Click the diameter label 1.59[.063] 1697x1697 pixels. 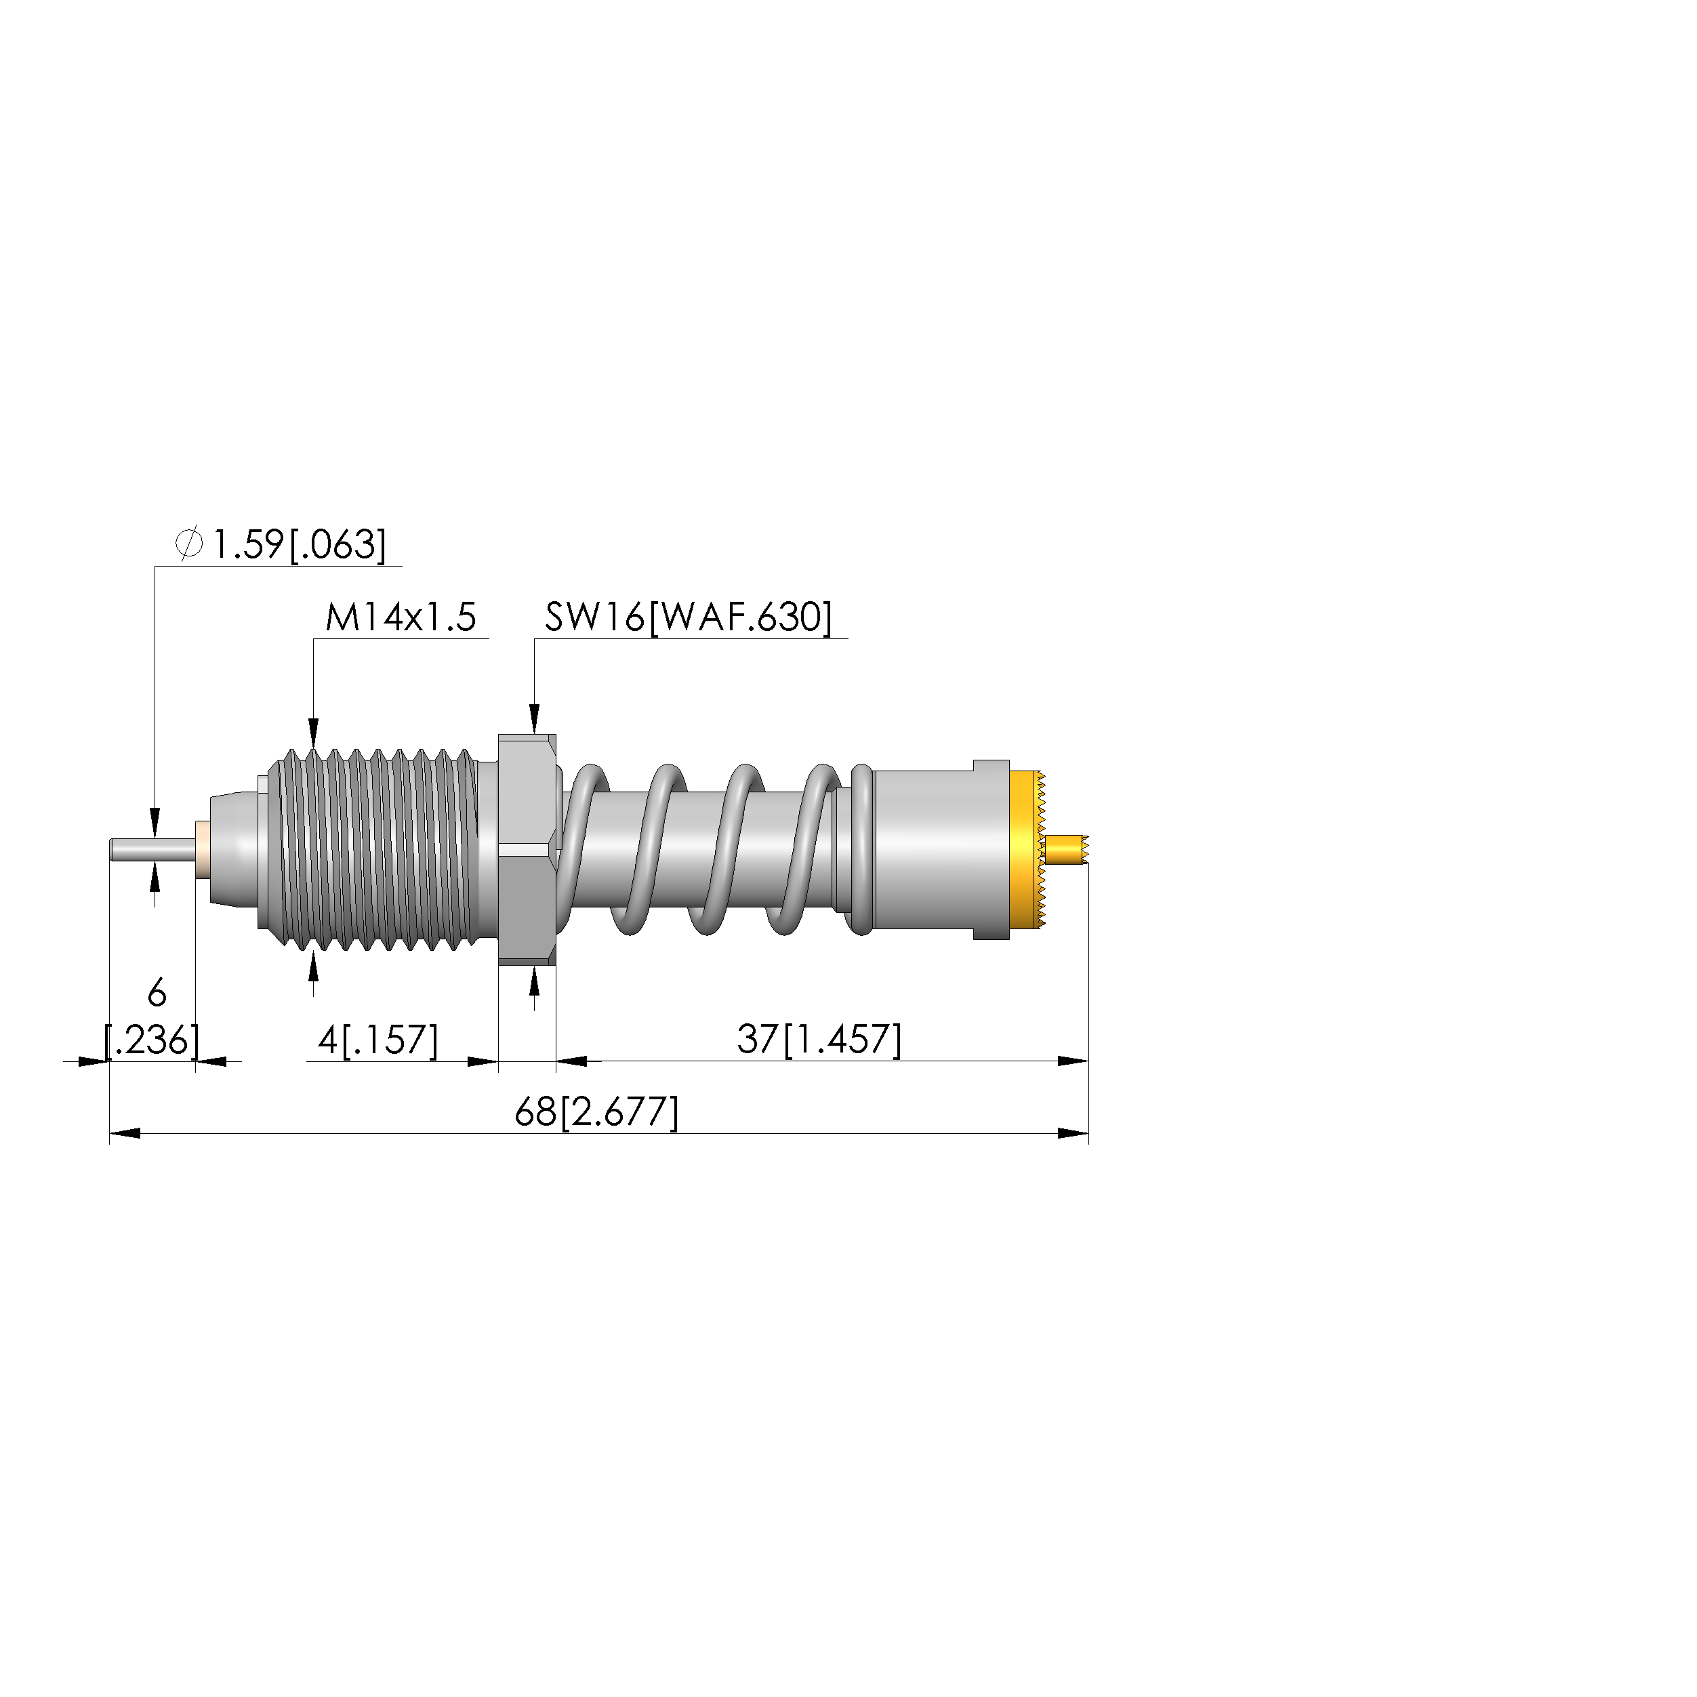[299, 545]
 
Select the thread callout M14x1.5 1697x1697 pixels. [401, 617]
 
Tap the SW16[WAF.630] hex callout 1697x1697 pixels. [688, 617]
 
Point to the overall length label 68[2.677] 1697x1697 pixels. [596, 1113]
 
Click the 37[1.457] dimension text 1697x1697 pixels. [819, 1040]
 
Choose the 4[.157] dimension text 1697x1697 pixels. [377, 1040]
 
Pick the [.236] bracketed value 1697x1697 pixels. [152, 1041]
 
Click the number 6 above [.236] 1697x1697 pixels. [157, 994]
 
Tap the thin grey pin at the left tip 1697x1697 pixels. [152, 851]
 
